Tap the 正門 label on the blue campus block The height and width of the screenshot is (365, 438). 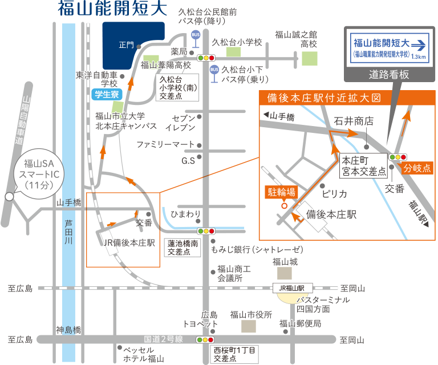(126, 44)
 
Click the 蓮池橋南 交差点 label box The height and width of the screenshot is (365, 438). (182, 247)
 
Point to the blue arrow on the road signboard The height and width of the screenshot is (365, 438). (419, 43)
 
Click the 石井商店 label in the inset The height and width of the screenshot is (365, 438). (354, 121)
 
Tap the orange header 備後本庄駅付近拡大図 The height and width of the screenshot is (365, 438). (323, 98)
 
